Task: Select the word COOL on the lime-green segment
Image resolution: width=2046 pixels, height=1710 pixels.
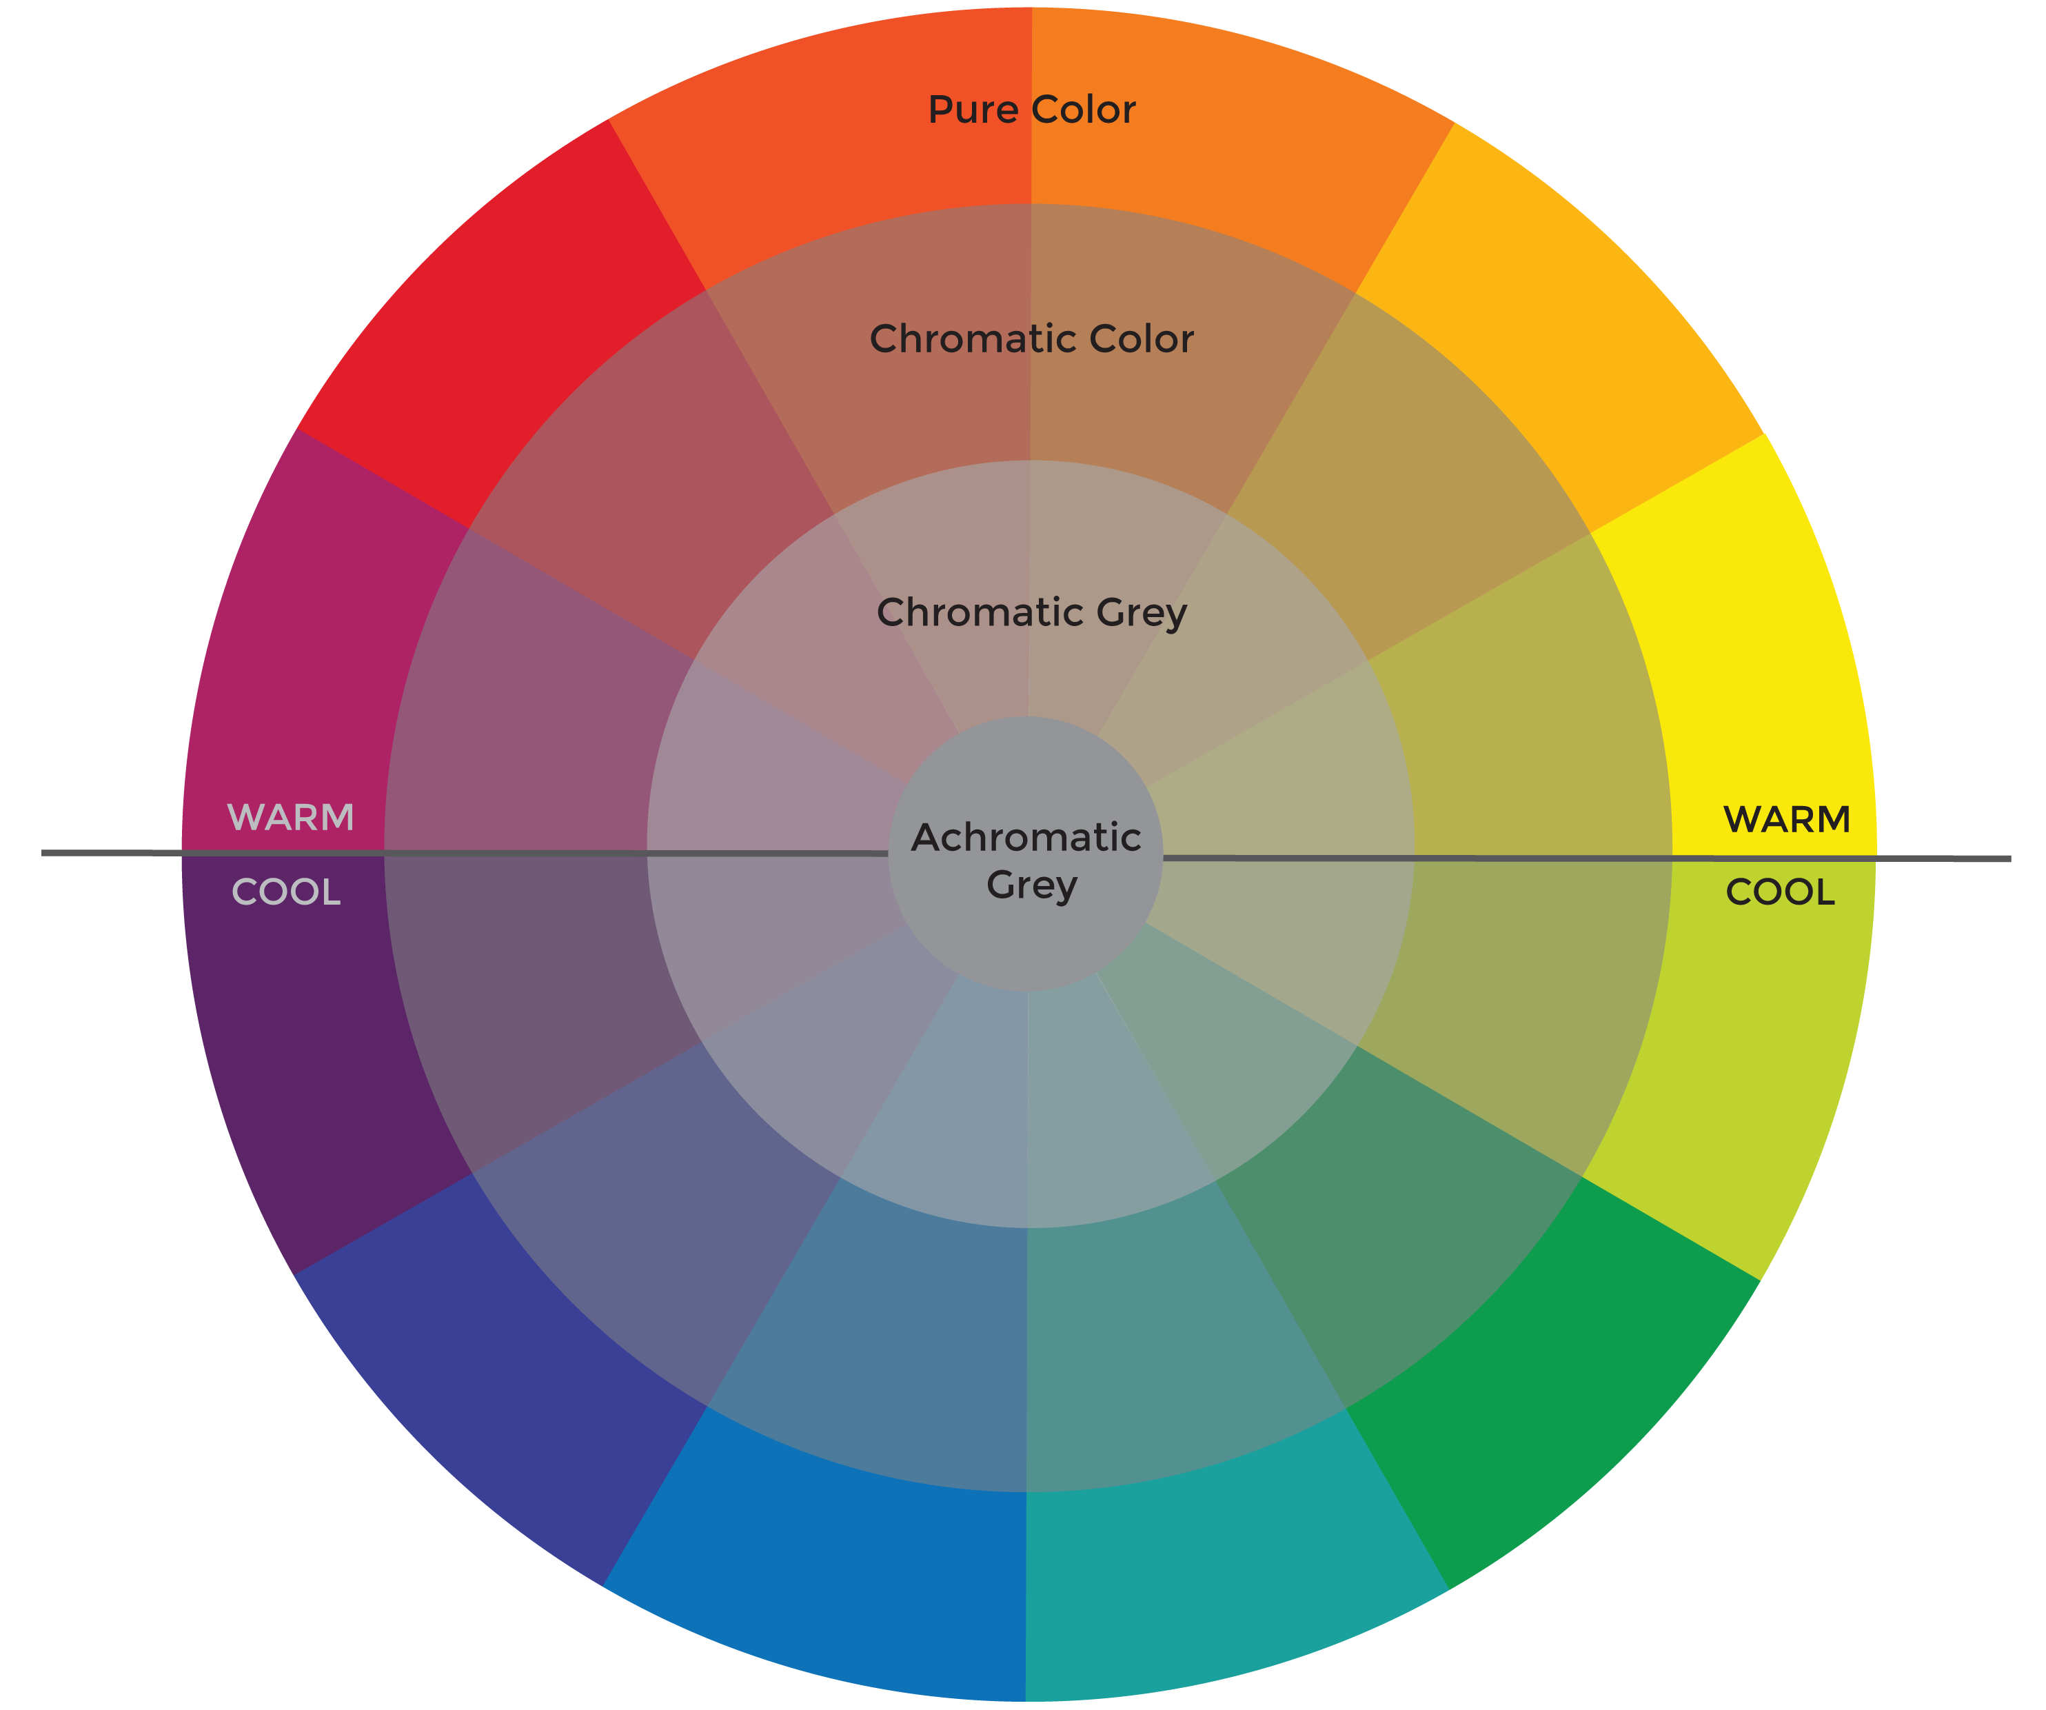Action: (x=1780, y=892)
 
